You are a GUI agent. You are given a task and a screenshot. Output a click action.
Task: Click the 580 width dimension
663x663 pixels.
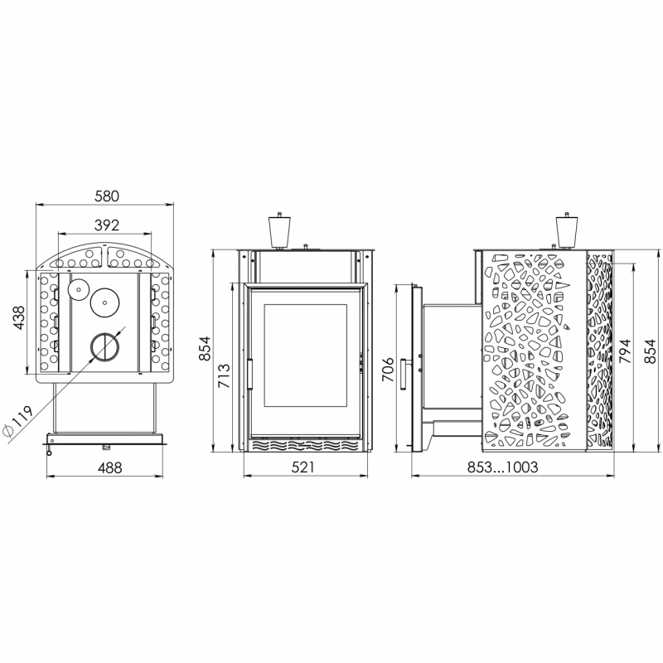(x=107, y=196)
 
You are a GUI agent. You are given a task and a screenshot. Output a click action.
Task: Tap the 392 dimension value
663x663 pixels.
(x=107, y=225)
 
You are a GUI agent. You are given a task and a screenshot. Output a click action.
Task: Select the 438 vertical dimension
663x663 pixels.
(x=18, y=317)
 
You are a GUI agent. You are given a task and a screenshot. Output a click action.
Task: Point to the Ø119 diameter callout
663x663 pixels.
(x=17, y=421)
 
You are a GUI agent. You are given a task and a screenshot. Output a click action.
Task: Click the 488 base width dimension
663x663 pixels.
(x=109, y=467)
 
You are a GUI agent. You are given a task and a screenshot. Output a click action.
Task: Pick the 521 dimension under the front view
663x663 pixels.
(x=303, y=467)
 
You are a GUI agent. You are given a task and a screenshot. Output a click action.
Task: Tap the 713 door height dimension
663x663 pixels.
(x=223, y=375)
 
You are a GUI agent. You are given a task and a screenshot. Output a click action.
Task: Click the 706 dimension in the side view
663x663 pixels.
(x=387, y=369)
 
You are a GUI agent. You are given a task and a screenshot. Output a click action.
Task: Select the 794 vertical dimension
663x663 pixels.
(x=624, y=351)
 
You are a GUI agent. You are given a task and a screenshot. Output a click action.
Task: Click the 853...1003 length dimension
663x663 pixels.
(x=502, y=467)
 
